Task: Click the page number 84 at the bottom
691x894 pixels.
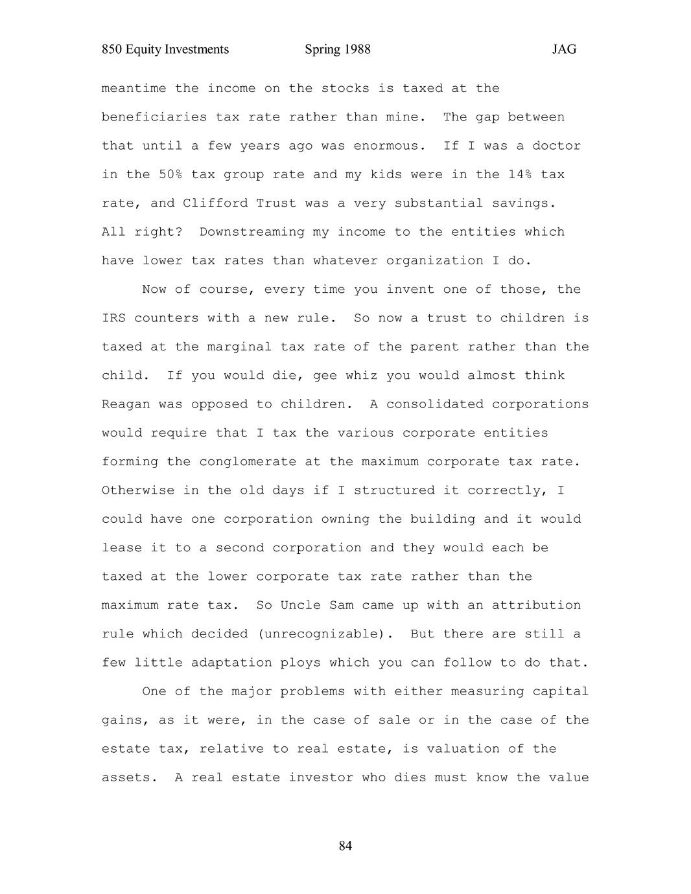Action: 345,846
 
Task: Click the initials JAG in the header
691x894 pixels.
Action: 564,50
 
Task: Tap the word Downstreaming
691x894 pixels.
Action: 252,232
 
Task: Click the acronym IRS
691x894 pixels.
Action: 113,318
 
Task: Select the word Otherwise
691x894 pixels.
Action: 138,490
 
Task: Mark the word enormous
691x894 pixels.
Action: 386,146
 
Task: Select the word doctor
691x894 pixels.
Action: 557,146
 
